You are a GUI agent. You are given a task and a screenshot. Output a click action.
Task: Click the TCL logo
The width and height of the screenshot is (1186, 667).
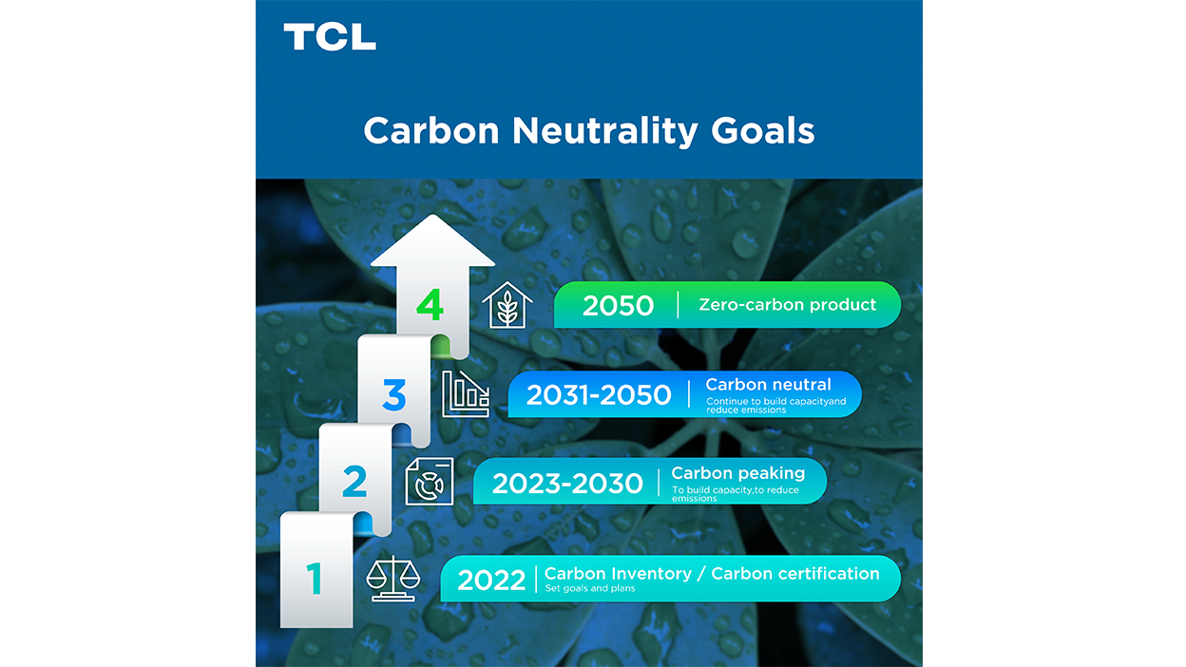[329, 37]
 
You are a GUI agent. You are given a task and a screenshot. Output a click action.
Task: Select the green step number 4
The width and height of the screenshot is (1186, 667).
[430, 305]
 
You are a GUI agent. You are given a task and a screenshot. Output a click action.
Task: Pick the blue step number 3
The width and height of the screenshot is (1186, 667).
[393, 394]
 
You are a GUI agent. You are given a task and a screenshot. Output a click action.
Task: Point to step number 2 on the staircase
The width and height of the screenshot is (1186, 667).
[354, 482]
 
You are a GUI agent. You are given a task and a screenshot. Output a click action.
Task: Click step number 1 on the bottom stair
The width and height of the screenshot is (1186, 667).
[315, 578]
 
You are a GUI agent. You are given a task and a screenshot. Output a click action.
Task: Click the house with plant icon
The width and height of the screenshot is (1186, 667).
[507, 304]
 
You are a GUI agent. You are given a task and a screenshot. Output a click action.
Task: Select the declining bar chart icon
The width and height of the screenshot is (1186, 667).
[466, 394]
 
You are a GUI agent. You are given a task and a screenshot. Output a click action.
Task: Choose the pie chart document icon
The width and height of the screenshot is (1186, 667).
[429, 482]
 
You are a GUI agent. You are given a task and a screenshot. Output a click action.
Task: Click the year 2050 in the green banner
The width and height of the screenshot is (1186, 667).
[618, 306]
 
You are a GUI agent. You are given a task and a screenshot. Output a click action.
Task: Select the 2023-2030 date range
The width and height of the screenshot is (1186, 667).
[567, 484]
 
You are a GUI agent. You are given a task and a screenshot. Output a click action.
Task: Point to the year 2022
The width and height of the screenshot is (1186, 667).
[491, 580]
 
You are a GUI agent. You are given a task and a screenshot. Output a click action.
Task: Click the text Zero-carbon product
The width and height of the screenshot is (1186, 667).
[787, 306]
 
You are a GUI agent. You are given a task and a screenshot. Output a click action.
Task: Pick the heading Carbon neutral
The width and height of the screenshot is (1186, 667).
[768, 385]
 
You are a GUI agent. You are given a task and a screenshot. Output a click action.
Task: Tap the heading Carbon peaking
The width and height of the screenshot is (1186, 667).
[737, 473]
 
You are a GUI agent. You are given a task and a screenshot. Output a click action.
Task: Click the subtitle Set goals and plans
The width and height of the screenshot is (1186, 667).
[589, 588]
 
